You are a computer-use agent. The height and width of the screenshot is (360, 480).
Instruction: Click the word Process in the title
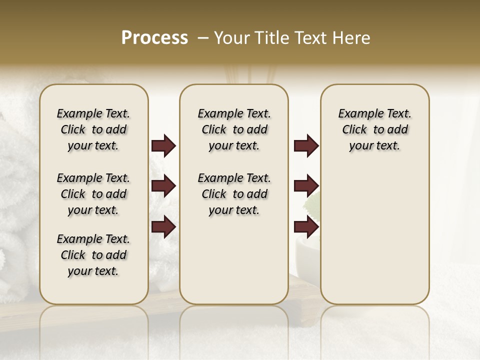coord(154,37)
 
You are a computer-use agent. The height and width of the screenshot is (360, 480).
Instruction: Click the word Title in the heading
coord(273,38)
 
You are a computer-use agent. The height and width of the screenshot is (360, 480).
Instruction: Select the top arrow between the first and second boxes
coord(163,146)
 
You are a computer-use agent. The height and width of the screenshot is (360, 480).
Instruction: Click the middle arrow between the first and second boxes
coord(163,186)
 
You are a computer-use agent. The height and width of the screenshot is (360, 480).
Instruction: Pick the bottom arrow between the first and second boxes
coord(163,226)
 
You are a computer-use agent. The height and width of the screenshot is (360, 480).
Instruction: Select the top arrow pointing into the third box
coord(306,146)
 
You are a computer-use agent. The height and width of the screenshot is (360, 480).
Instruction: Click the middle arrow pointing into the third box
coord(306,186)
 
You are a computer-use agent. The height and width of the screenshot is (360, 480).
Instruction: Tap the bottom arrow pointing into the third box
coord(306,226)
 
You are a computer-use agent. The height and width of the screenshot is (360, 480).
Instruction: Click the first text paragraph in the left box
coord(93,129)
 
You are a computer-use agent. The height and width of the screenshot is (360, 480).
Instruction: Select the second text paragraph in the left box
coord(93,194)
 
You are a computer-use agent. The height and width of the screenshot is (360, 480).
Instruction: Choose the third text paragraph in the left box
coord(93,255)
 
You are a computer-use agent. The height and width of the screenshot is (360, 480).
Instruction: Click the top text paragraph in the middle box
coord(234,129)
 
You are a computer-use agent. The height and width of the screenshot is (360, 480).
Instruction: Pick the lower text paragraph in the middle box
coord(234,194)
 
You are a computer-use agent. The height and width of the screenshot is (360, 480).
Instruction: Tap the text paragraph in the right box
coord(374,129)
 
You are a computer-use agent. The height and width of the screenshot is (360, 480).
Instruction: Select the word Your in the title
coord(232,38)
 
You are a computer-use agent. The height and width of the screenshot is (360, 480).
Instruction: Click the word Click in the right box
coord(354,130)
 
